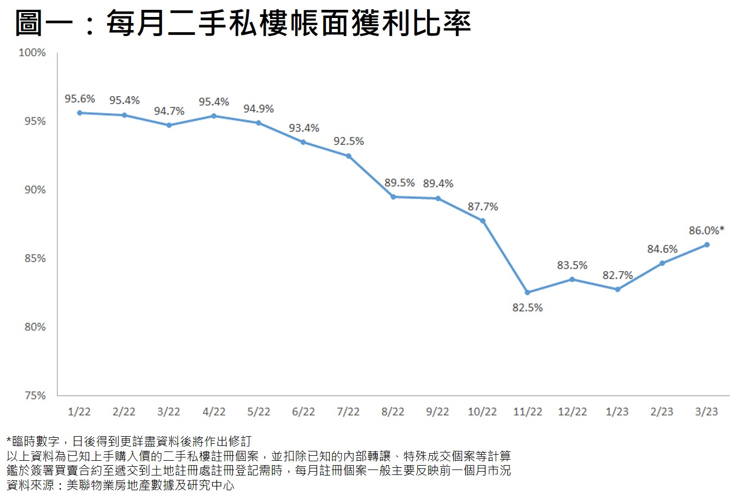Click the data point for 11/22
coord(528,292)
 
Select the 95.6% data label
coord(80,99)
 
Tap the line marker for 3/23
coord(707,244)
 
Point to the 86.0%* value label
coord(706,231)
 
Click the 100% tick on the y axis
coord(32,52)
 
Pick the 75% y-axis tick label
coord(35,396)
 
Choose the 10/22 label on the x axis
coord(482,412)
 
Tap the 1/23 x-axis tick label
coord(617,412)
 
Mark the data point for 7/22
coord(349,156)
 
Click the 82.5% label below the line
coord(528,308)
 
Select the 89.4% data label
coord(438,184)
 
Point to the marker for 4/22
coord(214,116)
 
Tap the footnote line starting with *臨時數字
coord(129,442)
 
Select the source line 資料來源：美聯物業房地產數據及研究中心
coord(120,485)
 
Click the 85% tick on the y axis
coord(35,259)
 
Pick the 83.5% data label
coord(572,265)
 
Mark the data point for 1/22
coord(80,113)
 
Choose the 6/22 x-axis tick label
coord(303,412)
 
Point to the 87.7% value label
coord(483,207)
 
